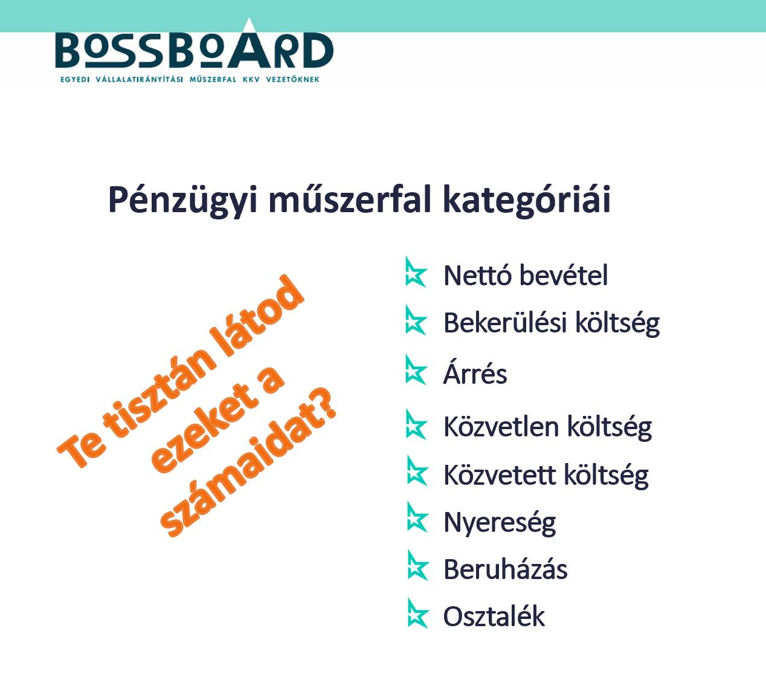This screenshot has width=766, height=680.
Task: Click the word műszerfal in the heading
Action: coord(350,199)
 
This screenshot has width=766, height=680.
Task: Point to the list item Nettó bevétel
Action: coord(526,276)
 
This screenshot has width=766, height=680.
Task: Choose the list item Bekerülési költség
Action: coord(552,324)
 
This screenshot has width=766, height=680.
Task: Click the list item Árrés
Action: coord(475,373)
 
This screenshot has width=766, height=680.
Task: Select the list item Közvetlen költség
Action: coord(548,427)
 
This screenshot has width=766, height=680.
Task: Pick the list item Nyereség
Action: coord(500,523)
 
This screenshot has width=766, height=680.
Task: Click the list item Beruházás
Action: coord(506,569)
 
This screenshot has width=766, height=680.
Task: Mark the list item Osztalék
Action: coord(494,617)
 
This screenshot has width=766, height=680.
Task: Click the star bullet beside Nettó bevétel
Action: coord(416,272)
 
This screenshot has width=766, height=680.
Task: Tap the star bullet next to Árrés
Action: coord(416,370)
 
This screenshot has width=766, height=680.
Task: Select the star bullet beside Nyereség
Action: coord(417,517)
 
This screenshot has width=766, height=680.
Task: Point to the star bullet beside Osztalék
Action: coord(417,614)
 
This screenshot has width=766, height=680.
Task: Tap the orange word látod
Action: coord(257,316)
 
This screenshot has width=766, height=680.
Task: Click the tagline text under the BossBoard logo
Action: coord(190,79)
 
